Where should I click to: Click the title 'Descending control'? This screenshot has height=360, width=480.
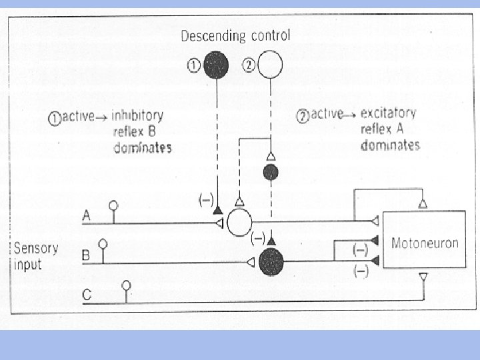235,35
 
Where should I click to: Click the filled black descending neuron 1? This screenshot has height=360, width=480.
217,65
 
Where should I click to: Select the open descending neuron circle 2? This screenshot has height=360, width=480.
270,65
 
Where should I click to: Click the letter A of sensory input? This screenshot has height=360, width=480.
87,215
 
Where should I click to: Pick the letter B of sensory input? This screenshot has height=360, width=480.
86,255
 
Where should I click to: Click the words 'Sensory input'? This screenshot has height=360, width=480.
36,256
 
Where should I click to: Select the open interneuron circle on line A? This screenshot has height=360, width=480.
239,222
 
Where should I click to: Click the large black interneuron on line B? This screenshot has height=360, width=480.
271,262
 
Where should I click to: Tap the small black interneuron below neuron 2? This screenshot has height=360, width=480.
271,173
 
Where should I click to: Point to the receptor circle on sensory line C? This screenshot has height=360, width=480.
126,285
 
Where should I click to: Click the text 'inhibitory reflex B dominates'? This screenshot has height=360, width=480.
142,131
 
